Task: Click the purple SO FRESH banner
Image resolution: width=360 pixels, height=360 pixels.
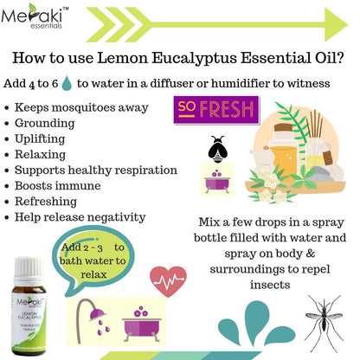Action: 215,112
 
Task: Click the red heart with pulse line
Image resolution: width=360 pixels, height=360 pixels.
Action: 168,280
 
